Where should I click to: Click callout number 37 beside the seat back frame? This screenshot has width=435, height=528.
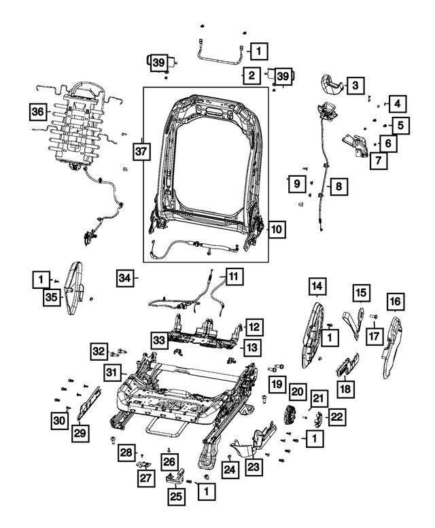pyautogui.click(x=140, y=152)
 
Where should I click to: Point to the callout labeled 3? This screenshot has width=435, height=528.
pyautogui.click(x=355, y=85)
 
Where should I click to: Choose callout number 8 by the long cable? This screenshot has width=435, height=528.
pyautogui.click(x=338, y=184)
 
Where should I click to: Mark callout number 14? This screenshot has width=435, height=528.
pyautogui.click(x=315, y=287)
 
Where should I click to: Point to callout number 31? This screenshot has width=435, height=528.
pyautogui.click(x=112, y=372)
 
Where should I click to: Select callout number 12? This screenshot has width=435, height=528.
pyautogui.click(x=253, y=328)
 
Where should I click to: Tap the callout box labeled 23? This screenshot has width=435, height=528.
pyautogui.click(x=254, y=466)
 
